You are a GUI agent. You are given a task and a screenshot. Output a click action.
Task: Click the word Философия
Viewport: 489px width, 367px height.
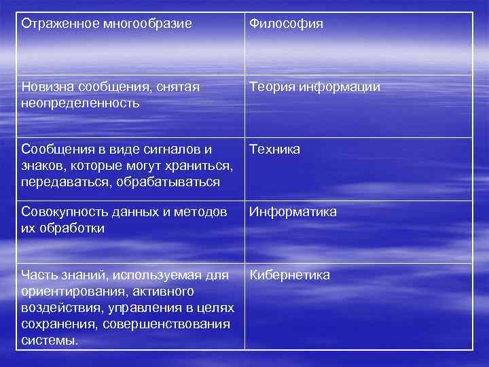point(286,24)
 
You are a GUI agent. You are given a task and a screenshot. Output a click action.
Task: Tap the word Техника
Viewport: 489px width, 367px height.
point(274,150)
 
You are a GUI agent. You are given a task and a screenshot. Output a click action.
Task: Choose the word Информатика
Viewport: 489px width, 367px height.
point(293,213)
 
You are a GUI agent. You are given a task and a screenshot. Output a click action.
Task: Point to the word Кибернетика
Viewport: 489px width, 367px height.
point(290,275)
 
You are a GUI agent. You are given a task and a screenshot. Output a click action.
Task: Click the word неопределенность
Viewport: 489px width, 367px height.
point(80,103)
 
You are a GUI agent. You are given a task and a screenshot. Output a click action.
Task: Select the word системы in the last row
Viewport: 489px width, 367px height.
point(49,340)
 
